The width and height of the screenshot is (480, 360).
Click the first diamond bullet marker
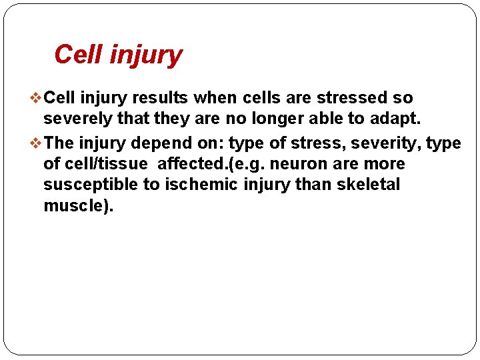pyautogui.click(x=37, y=98)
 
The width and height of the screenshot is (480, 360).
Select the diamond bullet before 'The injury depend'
pyautogui.click(x=37, y=143)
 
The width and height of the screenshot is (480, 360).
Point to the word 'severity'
pyautogui.click(x=389, y=143)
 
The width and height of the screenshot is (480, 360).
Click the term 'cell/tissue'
pyautogui.click(x=104, y=164)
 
